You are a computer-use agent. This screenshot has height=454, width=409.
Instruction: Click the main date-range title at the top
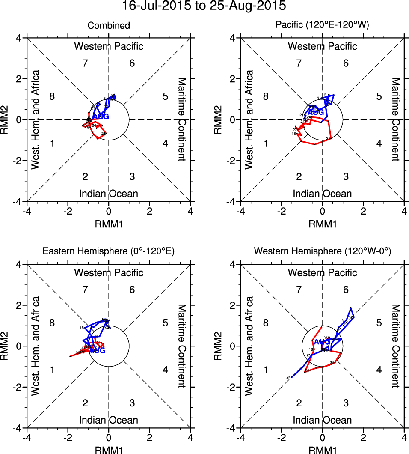click(204, 6)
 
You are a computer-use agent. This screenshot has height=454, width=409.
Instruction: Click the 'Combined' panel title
click(109, 26)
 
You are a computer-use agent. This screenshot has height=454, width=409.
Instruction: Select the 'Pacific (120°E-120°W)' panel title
click(322, 26)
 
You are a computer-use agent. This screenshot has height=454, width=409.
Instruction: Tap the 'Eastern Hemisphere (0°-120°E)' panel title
click(109, 252)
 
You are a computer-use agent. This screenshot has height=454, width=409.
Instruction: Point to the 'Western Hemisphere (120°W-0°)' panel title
click(322, 252)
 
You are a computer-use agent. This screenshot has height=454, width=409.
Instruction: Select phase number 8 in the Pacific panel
click(266, 96)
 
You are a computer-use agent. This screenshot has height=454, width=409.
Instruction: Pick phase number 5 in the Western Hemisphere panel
click(379, 323)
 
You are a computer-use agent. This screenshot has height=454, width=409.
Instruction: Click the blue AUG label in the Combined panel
click(101, 116)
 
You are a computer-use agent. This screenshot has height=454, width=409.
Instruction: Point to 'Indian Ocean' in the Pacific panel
click(322, 194)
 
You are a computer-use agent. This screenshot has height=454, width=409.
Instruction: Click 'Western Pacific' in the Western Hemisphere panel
click(322, 273)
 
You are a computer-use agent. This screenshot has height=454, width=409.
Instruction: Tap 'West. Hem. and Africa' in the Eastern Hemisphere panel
click(36, 346)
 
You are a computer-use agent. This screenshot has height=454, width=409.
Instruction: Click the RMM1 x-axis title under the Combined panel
click(109, 223)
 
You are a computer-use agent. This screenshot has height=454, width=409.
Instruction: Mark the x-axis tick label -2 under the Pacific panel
click(281, 212)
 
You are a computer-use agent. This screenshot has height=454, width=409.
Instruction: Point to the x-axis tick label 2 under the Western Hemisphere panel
click(363, 438)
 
